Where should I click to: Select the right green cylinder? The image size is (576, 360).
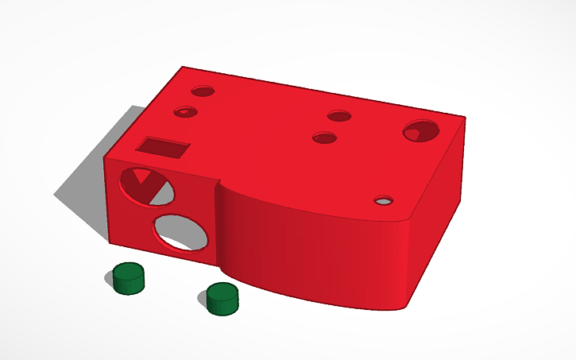coord(222,298)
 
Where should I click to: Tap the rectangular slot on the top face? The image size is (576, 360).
coord(164,147)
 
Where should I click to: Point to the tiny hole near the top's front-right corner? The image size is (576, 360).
coord(385,199)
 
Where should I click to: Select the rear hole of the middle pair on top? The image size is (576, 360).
coord(339,117)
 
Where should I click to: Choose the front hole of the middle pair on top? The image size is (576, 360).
coord(323,138)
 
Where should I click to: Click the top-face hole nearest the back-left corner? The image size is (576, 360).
coord(202,91)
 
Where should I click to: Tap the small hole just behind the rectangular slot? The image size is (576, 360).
coord(184,112)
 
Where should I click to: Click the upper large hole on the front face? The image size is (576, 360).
coord(147,186)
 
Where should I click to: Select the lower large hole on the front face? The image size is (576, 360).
coord(180,232)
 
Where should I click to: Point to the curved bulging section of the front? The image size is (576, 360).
coord(302,246)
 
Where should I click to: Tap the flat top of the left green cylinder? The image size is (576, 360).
coord(127,270)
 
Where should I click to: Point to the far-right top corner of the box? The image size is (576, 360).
coord(466,119)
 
